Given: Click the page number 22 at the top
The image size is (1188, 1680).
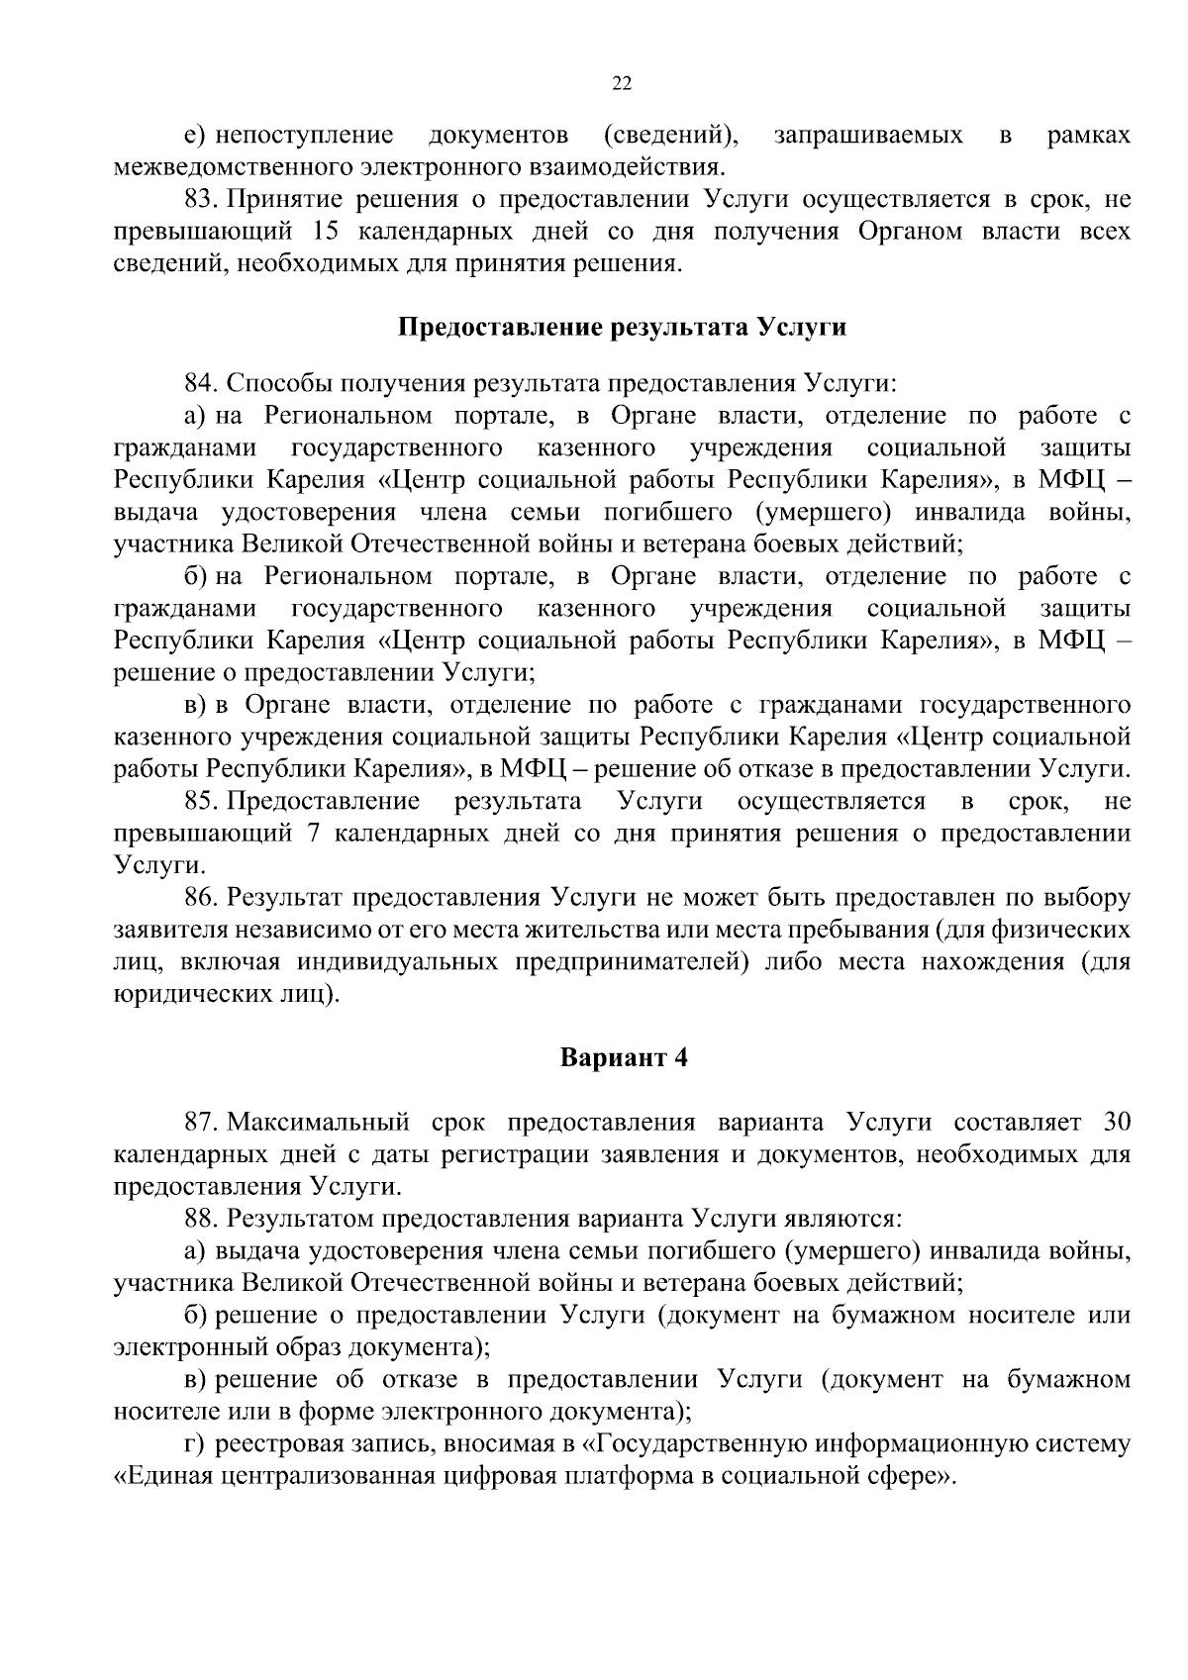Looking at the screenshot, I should [622, 84].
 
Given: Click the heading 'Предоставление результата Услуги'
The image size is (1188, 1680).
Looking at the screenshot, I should [622, 328].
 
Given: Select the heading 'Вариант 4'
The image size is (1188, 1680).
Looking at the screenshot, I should [624, 1058].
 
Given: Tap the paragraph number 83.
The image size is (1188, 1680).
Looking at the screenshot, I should [201, 200].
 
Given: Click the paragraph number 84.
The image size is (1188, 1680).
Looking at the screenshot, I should [201, 383].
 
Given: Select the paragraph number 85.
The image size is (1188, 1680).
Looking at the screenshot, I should [201, 801].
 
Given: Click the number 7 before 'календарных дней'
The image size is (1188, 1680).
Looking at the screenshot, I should [314, 833].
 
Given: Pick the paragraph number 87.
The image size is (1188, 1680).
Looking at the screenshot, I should [201, 1123].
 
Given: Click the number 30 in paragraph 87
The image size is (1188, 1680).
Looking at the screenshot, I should [1116, 1123].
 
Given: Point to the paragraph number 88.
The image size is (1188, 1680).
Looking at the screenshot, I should [201, 1219].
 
